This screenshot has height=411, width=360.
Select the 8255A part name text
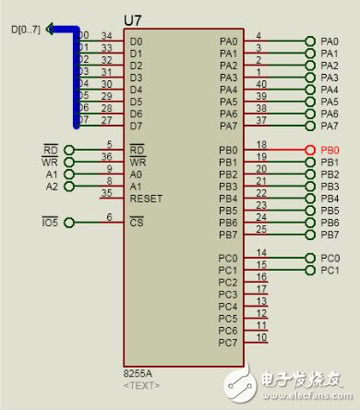(x=138, y=373)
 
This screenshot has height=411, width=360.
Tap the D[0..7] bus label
(x=26, y=30)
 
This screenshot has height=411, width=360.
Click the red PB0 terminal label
(x=330, y=150)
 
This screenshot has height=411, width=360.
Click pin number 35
(x=108, y=193)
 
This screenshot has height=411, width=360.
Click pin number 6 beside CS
(x=109, y=217)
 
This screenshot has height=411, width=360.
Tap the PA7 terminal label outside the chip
(x=330, y=126)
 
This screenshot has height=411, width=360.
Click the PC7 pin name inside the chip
(x=228, y=343)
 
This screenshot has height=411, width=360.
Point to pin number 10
(x=262, y=337)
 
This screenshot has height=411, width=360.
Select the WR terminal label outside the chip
(x=50, y=163)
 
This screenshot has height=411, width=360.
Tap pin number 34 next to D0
(x=107, y=36)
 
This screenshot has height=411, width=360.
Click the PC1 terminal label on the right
(x=330, y=271)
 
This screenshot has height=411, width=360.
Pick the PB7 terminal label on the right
(x=330, y=235)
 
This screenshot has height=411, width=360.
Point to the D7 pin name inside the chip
(x=137, y=126)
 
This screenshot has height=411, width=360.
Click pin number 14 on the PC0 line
(x=261, y=252)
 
